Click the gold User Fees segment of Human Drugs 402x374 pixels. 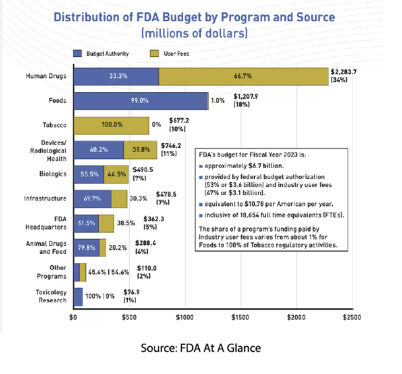coord(243,76)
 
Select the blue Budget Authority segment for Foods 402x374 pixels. coord(140,100)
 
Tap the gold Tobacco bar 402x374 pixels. coord(111,125)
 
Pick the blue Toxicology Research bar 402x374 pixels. coord(78,297)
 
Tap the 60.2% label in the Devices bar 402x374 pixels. coord(95,150)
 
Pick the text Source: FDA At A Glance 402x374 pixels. coord(200,348)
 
